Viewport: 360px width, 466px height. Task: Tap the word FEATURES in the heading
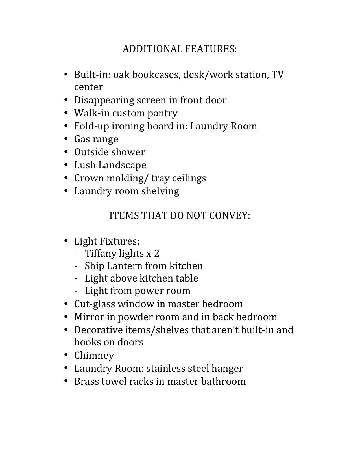211,49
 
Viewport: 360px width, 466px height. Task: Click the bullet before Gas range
66,139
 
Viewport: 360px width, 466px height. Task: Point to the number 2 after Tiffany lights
157,253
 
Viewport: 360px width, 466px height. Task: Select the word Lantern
121,266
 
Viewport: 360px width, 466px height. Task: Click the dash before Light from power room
76,291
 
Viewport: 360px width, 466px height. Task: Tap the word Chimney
94,355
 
